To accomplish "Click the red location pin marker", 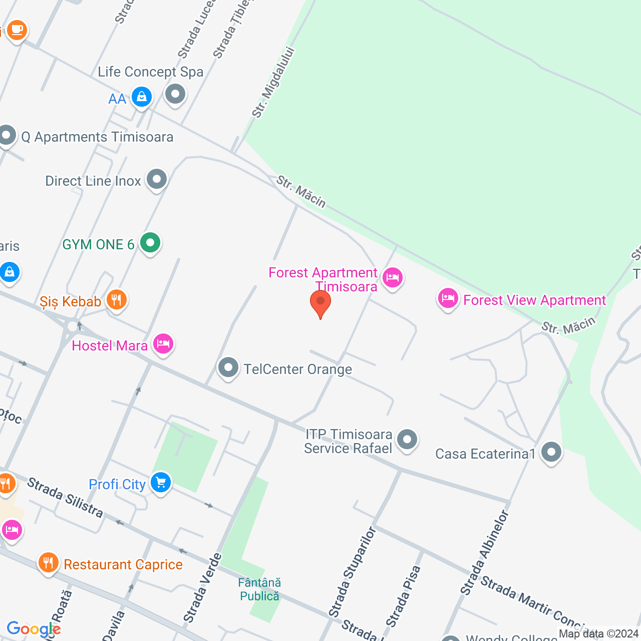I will pos(320,303).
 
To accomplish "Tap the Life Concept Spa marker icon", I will pos(175,94).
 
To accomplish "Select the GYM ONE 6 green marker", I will pos(150,243).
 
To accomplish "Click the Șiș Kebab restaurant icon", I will pos(117,300).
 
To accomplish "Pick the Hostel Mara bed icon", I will pos(163,344).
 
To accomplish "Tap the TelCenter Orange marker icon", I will pos(228,368).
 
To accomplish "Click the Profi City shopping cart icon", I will pos(161,483).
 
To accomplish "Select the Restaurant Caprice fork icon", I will pos(48,563).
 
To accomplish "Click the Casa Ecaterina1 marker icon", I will pos(551,452).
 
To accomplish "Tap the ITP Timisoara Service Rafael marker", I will pos(407,440).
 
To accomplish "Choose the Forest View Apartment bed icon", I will pos(448,299).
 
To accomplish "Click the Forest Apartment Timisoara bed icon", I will pos(392,277).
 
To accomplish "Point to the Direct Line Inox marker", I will pos(157,179).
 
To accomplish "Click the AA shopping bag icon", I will pos(142,97).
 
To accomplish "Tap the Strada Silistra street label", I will pos(65,497).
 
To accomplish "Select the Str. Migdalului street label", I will pos(273,83).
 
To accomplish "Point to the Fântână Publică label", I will pos(259,589).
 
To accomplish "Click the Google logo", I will pos(34,629).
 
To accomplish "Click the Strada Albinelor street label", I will pos(484,553).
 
